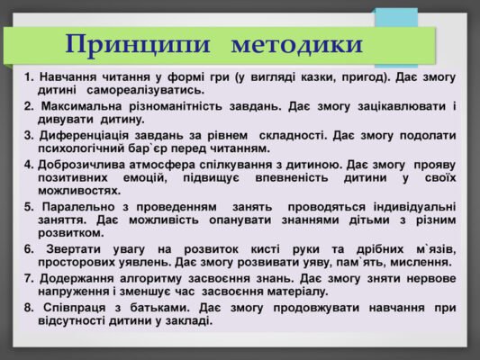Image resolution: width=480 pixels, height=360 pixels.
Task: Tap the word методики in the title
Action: point(296,43)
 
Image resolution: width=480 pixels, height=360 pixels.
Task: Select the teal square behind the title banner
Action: point(395,20)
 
